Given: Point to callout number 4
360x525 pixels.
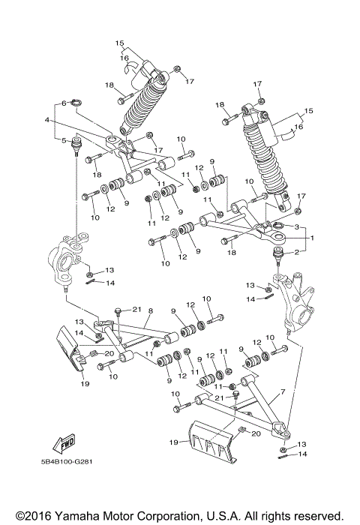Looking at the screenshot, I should tap(46, 120).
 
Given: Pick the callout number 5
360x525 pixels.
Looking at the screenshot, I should tap(64, 139).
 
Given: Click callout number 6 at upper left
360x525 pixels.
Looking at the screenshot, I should tap(64, 103).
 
